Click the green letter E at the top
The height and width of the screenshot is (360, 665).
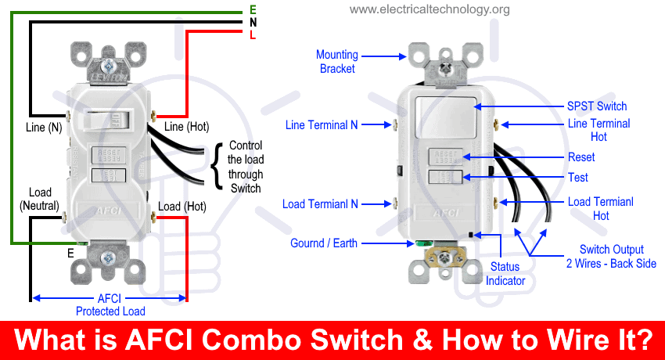tap(253, 9)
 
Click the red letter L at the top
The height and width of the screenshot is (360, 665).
tap(253, 36)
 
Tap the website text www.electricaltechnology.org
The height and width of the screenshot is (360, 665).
tap(430, 9)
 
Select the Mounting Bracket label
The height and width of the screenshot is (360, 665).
tap(337, 61)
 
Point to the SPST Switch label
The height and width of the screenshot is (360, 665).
tap(597, 106)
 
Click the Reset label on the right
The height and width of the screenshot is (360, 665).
tap(581, 157)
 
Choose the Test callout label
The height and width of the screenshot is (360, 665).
tap(578, 178)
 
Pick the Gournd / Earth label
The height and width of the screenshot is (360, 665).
tap(324, 243)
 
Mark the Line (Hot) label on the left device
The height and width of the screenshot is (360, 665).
tap(186, 126)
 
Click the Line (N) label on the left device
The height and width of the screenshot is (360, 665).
tap(44, 126)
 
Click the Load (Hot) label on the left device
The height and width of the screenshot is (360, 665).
tap(182, 207)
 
